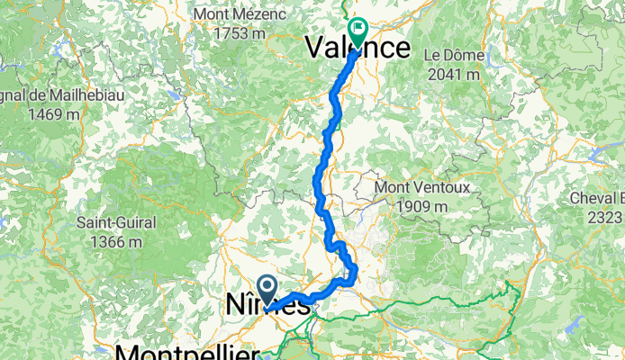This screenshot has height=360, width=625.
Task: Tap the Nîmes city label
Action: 266,307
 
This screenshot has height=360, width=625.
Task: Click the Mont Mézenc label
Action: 239,15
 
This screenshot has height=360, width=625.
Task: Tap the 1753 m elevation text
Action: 239,33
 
